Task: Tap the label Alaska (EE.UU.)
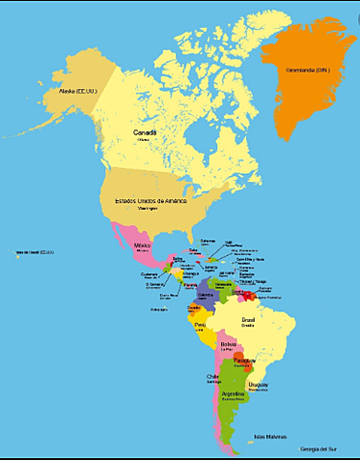[68, 91]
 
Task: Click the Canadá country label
[145, 131]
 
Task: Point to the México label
[143, 244]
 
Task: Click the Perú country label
[201, 325]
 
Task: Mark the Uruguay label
[259, 384]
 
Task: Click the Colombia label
[205, 296]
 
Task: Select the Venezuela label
[224, 285]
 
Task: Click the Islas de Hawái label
[34, 253]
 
